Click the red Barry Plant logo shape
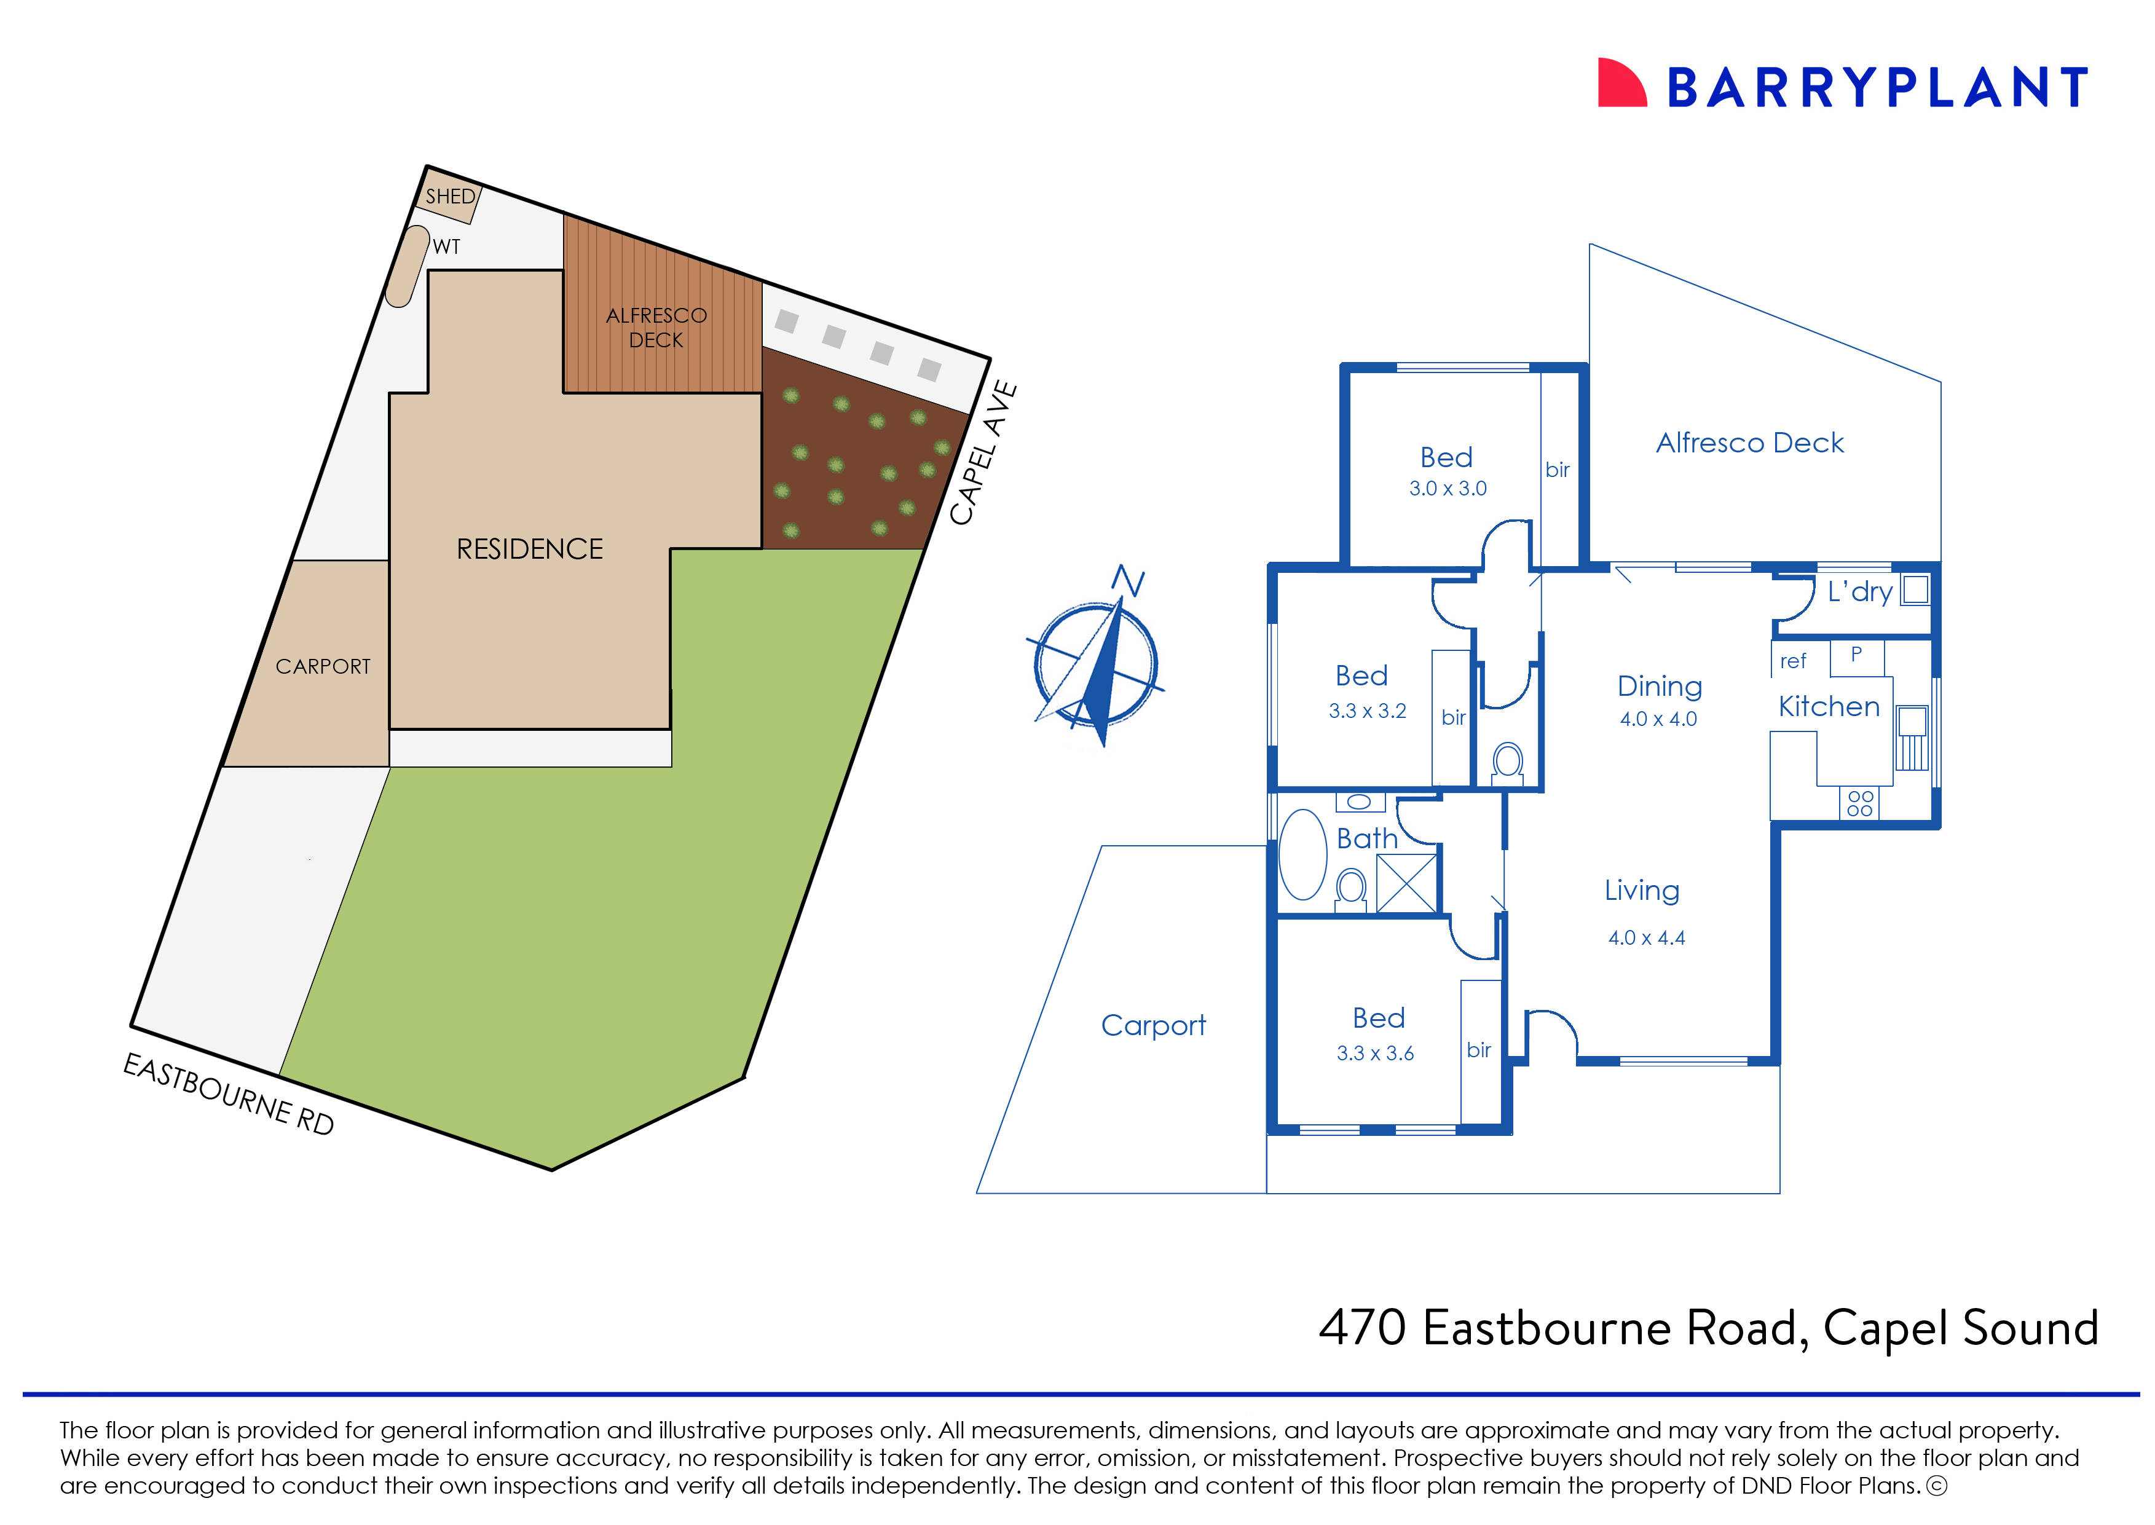click(x=1621, y=84)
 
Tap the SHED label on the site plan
click(x=451, y=196)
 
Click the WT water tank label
click(x=446, y=247)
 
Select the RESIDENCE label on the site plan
click(x=530, y=550)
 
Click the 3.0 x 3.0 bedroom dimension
click(x=1447, y=488)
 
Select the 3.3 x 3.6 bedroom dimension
click(x=1375, y=1054)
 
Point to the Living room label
click(x=1641, y=890)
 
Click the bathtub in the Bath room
click(x=1302, y=854)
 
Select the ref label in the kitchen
click(x=1792, y=661)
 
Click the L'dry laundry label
click(x=1859, y=591)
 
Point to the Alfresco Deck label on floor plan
click(x=1749, y=443)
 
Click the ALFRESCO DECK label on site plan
click(x=656, y=328)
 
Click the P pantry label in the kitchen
click(x=1856, y=655)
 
